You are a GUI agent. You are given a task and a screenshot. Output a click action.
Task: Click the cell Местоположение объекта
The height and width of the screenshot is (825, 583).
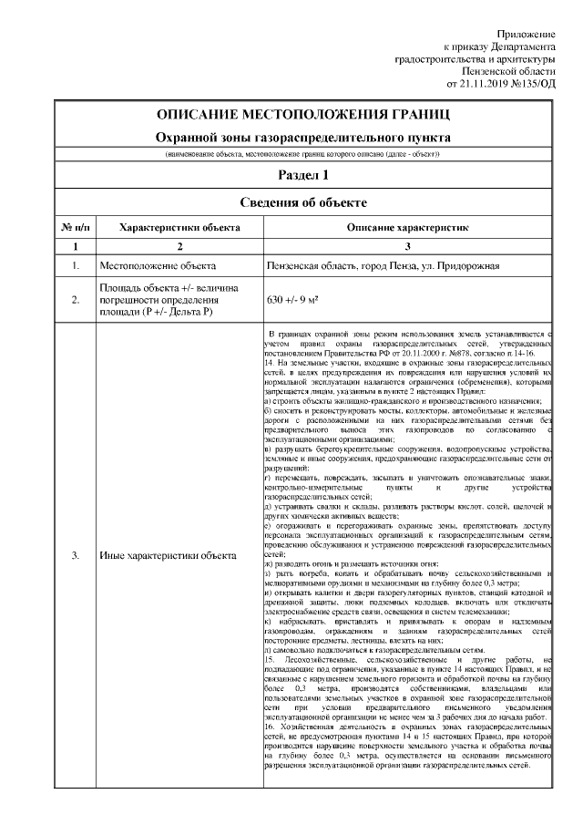pyautogui.click(x=158, y=266)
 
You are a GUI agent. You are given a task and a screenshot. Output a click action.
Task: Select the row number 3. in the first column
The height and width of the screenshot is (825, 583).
pyautogui.click(x=76, y=556)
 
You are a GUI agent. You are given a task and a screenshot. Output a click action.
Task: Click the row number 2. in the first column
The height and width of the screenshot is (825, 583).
pyautogui.click(x=76, y=299)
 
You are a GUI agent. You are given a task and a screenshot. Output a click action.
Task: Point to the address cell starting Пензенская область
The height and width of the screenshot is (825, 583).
pyautogui.click(x=383, y=266)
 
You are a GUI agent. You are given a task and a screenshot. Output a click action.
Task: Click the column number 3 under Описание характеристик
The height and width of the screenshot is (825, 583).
pyautogui.click(x=407, y=246)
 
